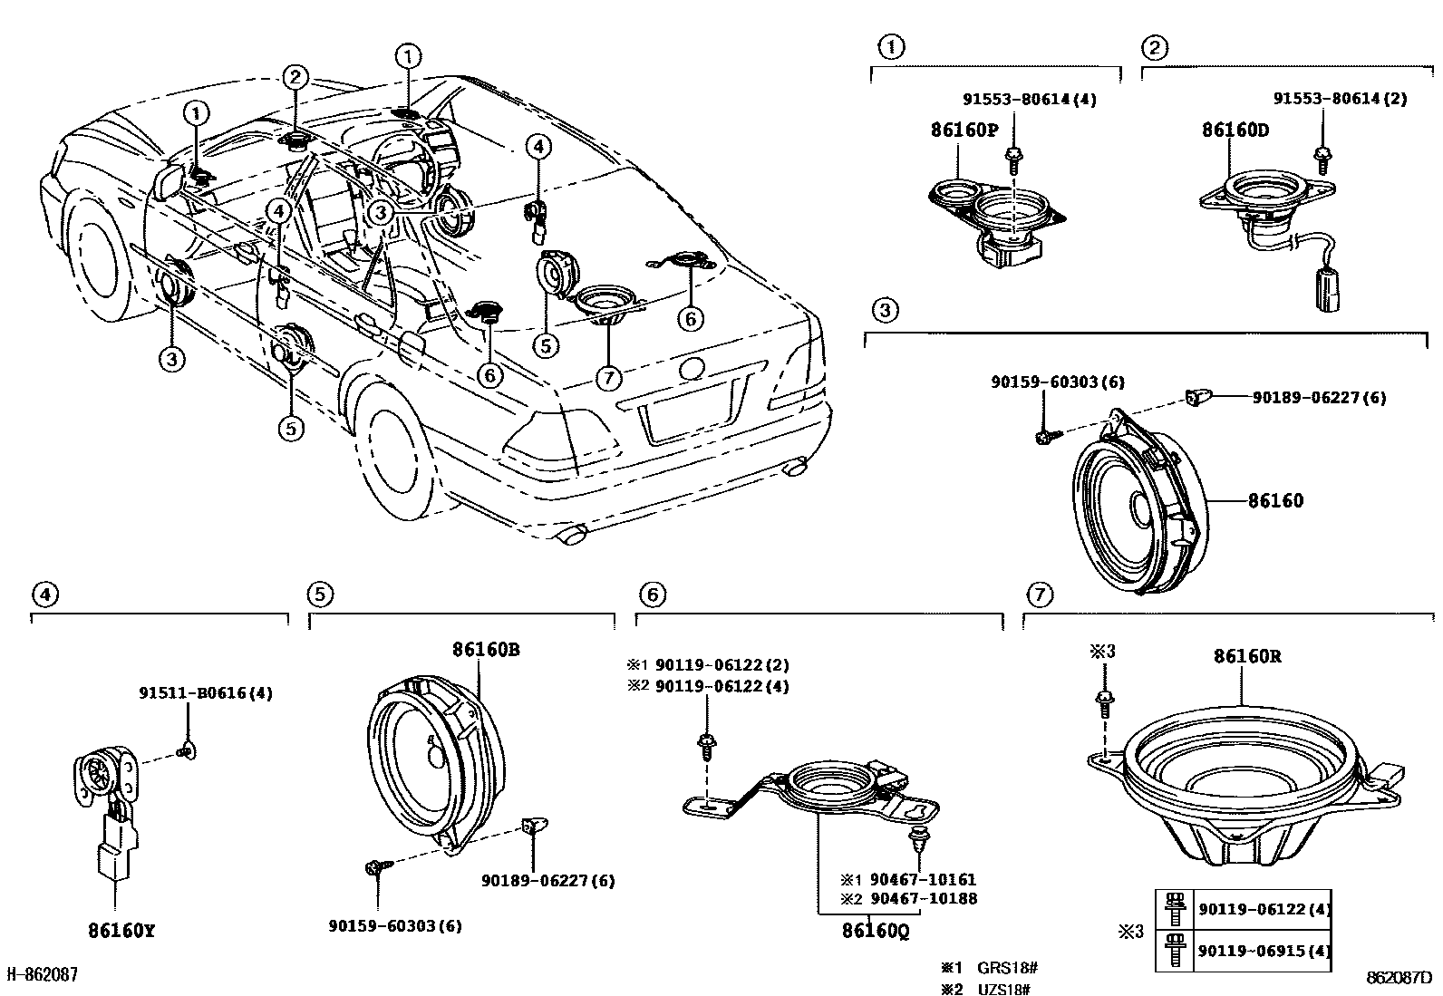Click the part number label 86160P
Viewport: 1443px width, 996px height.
coord(963,131)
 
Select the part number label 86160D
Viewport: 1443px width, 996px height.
coord(1235,131)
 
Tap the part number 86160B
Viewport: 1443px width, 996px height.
coord(486,650)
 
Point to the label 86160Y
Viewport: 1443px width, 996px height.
coord(121,931)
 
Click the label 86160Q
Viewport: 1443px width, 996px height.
coord(875,931)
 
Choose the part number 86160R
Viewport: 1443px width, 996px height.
coord(1247,656)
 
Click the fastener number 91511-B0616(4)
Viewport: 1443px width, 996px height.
coord(205,693)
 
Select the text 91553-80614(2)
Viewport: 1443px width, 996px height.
coord(1340,99)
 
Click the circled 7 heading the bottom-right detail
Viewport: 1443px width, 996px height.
coord(1040,595)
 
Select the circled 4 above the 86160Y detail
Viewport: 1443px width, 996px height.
coord(44,595)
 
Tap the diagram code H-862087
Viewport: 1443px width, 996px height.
coord(43,975)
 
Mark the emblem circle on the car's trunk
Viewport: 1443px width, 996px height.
coord(692,369)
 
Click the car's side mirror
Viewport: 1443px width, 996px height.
coord(169,181)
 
